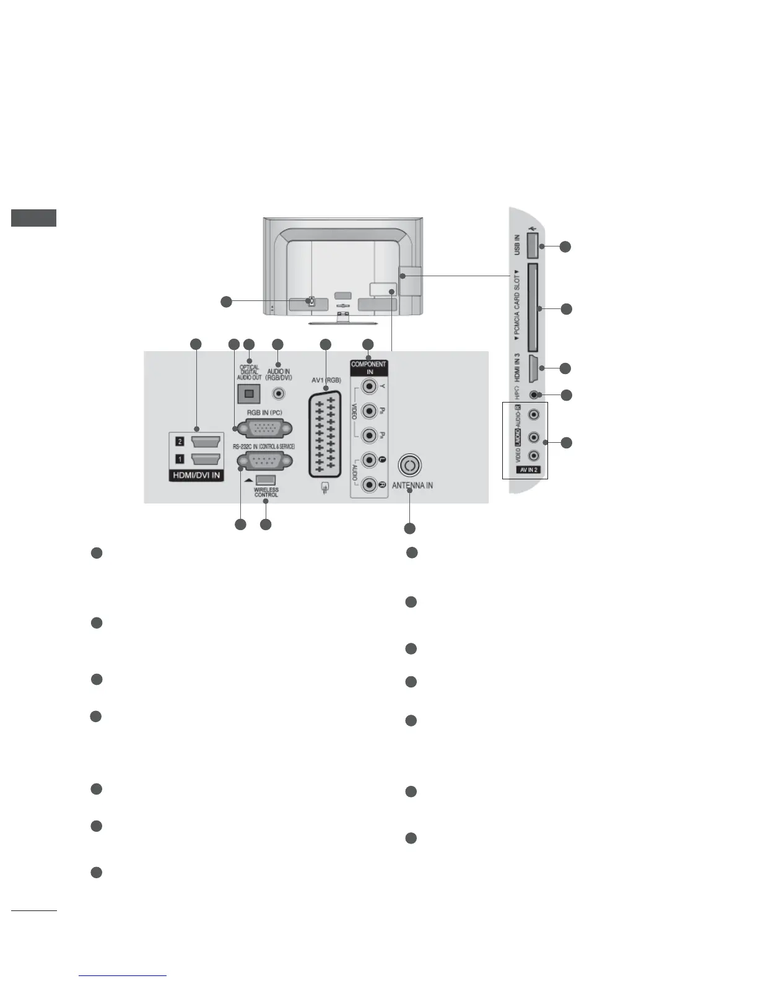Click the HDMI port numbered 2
click(x=206, y=442)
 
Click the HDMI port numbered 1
click(x=206, y=460)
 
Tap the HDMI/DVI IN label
click(x=196, y=475)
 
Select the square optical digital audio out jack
click(x=250, y=393)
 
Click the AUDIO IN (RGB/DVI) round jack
click(x=279, y=393)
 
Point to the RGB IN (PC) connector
click(x=266, y=428)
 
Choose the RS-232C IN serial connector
click(x=265, y=462)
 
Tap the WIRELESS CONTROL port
click(x=266, y=480)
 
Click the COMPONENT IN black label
click(x=368, y=368)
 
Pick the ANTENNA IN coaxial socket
click(x=411, y=464)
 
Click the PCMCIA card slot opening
click(x=531, y=308)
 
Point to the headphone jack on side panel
click(x=534, y=395)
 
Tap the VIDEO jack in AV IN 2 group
click(x=534, y=456)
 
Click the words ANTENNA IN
click(x=412, y=486)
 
